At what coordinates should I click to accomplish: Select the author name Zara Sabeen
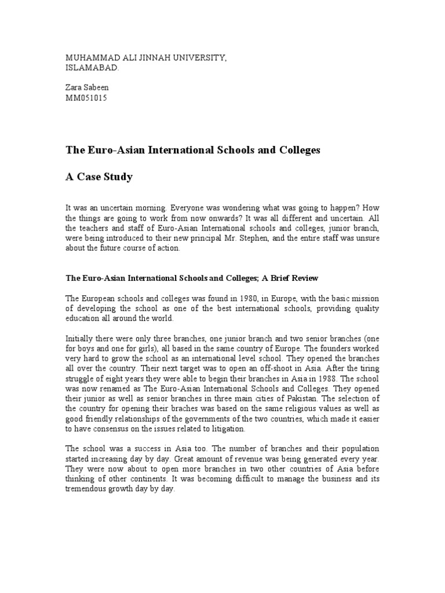87,87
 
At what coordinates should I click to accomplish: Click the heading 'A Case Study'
99,177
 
